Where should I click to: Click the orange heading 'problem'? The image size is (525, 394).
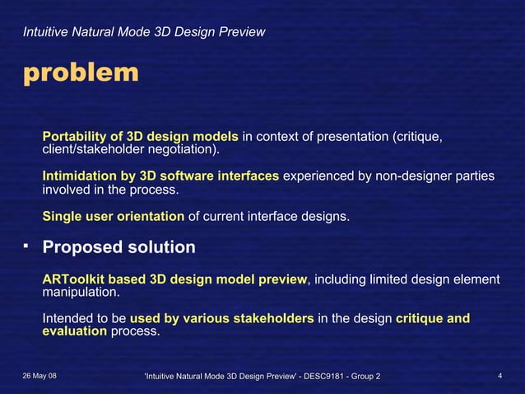tap(81, 73)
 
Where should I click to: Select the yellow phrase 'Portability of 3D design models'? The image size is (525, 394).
tap(140, 136)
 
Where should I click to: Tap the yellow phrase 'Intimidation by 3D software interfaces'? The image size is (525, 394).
tap(160, 175)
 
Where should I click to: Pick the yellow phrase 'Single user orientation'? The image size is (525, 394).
tap(114, 216)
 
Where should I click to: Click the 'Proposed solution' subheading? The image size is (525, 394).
tap(118, 246)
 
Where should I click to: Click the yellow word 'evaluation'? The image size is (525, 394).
tap(74, 331)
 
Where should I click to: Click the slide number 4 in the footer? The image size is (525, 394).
tap(500, 377)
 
